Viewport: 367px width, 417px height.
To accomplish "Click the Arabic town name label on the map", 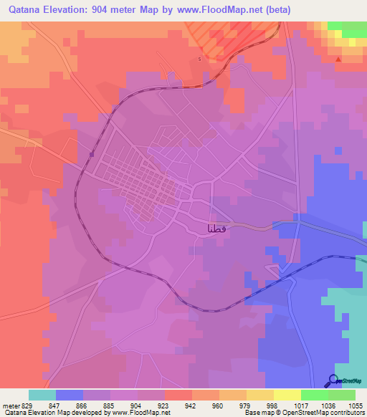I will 217,229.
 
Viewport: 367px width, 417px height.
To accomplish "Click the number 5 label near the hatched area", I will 199,59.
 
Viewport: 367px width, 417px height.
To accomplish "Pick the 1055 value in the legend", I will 356,405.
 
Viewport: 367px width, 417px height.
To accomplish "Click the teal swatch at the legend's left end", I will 42,395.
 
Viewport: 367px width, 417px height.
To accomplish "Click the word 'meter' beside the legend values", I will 9,405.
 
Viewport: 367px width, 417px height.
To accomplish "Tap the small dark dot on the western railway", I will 92,153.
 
